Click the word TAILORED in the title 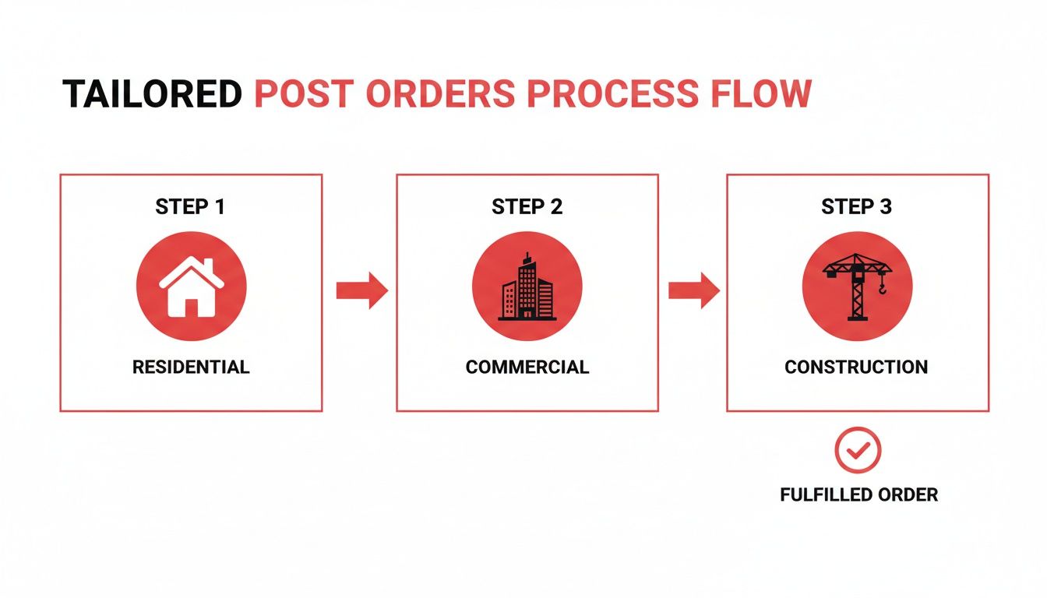click(x=153, y=93)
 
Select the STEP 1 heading click(x=191, y=207)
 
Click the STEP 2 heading click(x=527, y=207)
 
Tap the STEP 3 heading click(x=857, y=207)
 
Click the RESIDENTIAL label click(x=191, y=368)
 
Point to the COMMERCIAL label click(x=527, y=368)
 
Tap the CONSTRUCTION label click(x=856, y=368)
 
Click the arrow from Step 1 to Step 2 click(x=361, y=290)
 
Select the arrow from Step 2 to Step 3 click(x=693, y=290)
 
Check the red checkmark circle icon click(x=858, y=449)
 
